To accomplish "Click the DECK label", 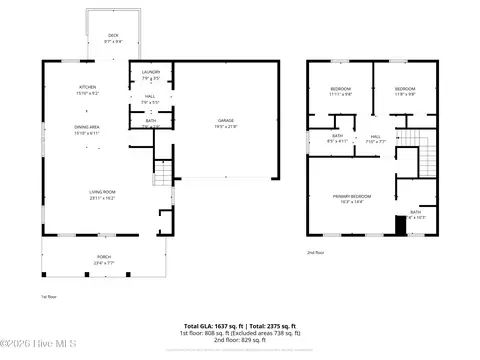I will pos(113,35).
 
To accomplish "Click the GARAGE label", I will pos(225,120).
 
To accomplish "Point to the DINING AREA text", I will pos(86,127).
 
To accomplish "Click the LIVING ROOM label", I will pos(102,192).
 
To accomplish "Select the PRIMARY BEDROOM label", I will pos(353,196).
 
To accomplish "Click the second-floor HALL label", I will pos(376,136).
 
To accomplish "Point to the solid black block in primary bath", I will pos(401,225).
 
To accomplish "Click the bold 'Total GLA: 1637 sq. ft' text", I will pos(212,326).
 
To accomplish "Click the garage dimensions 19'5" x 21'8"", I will pos(225,125).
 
